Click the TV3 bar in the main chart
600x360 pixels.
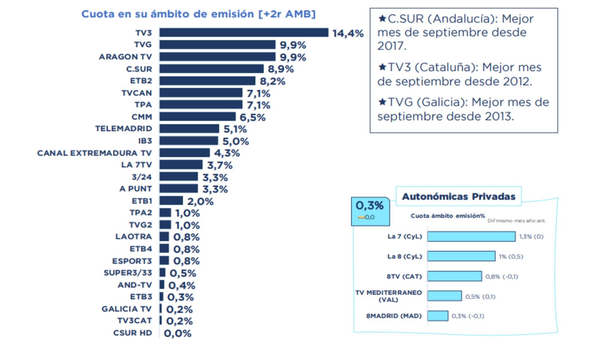point(244,32)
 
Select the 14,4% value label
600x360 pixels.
point(348,33)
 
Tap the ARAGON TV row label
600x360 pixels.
point(125,57)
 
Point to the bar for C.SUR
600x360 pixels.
point(211,69)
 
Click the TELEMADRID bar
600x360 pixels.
point(189,129)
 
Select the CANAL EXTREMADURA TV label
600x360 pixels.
point(94,153)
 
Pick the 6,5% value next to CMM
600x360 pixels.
point(252,117)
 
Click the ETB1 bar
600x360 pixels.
point(171,201)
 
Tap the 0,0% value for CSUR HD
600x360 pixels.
point(177,333)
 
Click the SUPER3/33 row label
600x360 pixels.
point(128,273)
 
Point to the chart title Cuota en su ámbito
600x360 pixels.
point(198,14)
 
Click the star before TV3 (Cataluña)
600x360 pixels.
point(382,67)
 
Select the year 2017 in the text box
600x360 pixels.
point(391,46)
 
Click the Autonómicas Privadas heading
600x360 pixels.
point(458,196)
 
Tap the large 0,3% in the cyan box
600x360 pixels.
point(369,205)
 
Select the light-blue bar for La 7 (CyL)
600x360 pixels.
point(471,236)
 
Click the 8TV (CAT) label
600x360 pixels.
point(404,276)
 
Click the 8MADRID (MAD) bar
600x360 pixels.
point(437,316)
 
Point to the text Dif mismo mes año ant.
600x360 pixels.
point(516,220)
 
